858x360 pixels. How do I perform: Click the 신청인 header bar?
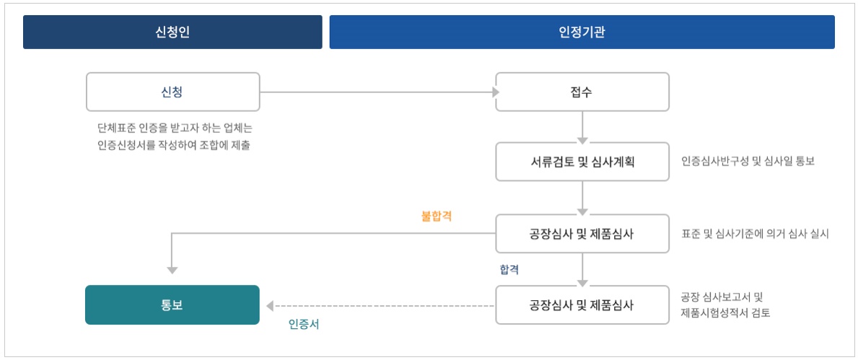coord(172,32)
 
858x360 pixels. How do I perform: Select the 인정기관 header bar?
coord(582,32)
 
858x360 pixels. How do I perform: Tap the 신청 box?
coord(172,92)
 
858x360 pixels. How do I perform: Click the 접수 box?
coord(582,92)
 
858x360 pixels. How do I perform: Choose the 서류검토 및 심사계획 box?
coord(582,162)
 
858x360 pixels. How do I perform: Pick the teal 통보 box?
coord(172,304)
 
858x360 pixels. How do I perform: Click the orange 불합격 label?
coord(436,216)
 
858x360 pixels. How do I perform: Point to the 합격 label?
coord(509,269)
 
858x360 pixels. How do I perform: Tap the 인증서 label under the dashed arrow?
coord(304,325)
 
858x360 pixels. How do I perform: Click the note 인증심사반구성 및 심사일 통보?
coord(748,162)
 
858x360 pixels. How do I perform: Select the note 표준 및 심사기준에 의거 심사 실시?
coord(755,234)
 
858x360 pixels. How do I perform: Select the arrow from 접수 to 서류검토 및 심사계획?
coord(582,126)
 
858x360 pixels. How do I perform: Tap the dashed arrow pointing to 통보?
coord(381,306)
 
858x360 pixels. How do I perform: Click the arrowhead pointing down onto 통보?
coord(172,270)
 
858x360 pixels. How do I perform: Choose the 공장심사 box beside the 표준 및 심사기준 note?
coord(582,234)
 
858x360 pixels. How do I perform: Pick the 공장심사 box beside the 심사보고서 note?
coord(582,304)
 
